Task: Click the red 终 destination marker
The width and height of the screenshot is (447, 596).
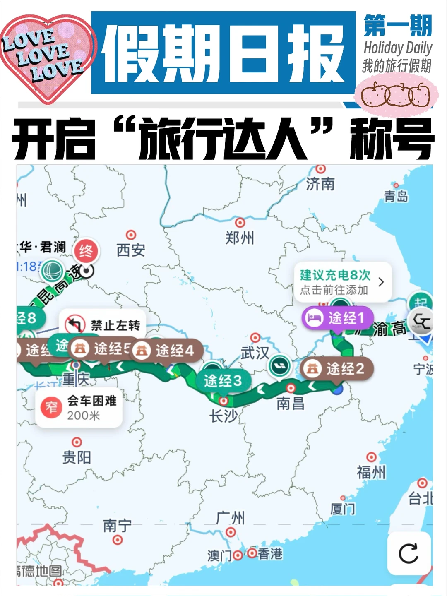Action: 86,251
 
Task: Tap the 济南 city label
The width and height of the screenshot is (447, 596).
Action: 320,184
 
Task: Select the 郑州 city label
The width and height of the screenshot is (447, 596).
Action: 240,238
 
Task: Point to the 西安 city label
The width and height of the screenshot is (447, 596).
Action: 131,250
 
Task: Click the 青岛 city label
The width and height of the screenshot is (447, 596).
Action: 396,196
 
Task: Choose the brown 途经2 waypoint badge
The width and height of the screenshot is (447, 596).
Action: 338,368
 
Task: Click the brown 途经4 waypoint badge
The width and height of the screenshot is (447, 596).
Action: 168,351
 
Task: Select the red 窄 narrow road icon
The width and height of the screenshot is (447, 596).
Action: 51,407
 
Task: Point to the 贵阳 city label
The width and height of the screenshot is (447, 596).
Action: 77,457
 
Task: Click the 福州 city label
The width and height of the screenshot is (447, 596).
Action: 371,472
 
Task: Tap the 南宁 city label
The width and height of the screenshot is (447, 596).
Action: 117,526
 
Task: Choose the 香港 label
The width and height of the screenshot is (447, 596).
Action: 270,553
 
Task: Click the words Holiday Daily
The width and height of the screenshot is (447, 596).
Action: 398,48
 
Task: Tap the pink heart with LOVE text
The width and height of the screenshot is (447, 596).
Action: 46,56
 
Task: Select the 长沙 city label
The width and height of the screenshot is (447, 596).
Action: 223,416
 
